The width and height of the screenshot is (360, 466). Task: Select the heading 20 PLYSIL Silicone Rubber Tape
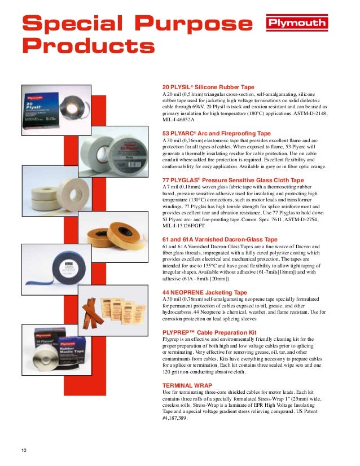(209, 87)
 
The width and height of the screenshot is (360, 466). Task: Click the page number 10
(24, 450)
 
